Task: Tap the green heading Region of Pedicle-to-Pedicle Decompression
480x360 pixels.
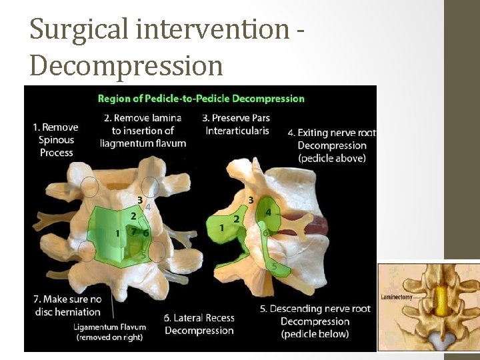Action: click(201, 99)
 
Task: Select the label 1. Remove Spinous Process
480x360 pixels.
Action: click(56, 139)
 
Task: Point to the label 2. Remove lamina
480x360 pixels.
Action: click(143, 118)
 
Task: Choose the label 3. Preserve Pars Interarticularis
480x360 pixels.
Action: click(237, 124)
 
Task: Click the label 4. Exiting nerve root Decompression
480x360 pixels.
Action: click(331, 145)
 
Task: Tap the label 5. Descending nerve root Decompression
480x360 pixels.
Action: click(315, 321)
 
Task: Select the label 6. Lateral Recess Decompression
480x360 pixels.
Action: click(199, 324)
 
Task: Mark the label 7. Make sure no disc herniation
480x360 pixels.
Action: click(67, 305)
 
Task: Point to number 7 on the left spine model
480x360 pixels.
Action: click(133, 232)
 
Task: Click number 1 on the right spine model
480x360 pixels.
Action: click(222, 228)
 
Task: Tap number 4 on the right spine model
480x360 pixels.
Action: click(268, 212)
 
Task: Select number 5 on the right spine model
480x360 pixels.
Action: click(274, 266)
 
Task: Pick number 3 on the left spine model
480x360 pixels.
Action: click(139, 199)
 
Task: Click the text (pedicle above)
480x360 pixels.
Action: click(331, 158)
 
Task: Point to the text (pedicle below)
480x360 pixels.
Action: click(315, 333)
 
